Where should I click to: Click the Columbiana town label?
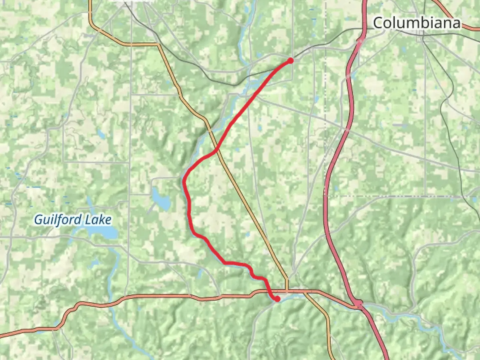pos(417,23)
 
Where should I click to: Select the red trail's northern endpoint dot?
pos(290,60)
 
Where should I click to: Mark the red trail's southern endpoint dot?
pos(277,299)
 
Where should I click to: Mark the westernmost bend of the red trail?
pos(184,180)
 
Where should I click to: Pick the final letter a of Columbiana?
pos(457,23)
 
